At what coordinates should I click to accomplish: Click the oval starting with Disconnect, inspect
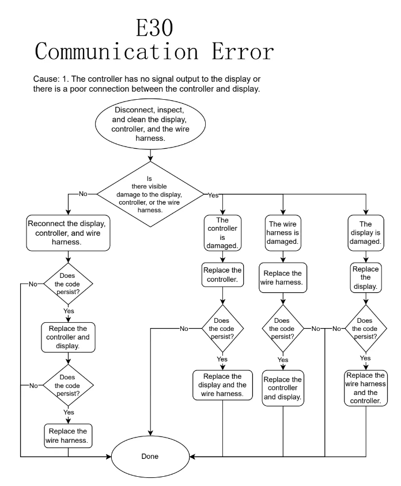(150, 124)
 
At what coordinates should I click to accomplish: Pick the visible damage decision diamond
(150, 194)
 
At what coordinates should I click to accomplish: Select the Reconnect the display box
(68, 232)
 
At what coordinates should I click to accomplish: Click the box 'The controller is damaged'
(222, 232)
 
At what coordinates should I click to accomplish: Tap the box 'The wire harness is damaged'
(282, 232)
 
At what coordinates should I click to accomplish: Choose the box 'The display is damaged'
(365, 232)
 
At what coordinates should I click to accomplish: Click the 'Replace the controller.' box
(222, 275)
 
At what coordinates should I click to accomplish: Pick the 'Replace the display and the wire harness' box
(222, 385)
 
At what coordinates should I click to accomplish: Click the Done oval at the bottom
(150, 456)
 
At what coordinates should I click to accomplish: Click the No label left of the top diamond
(82, 194)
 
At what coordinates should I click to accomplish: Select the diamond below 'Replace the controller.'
(222, 329)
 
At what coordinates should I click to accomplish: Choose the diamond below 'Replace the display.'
(365, 329)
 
